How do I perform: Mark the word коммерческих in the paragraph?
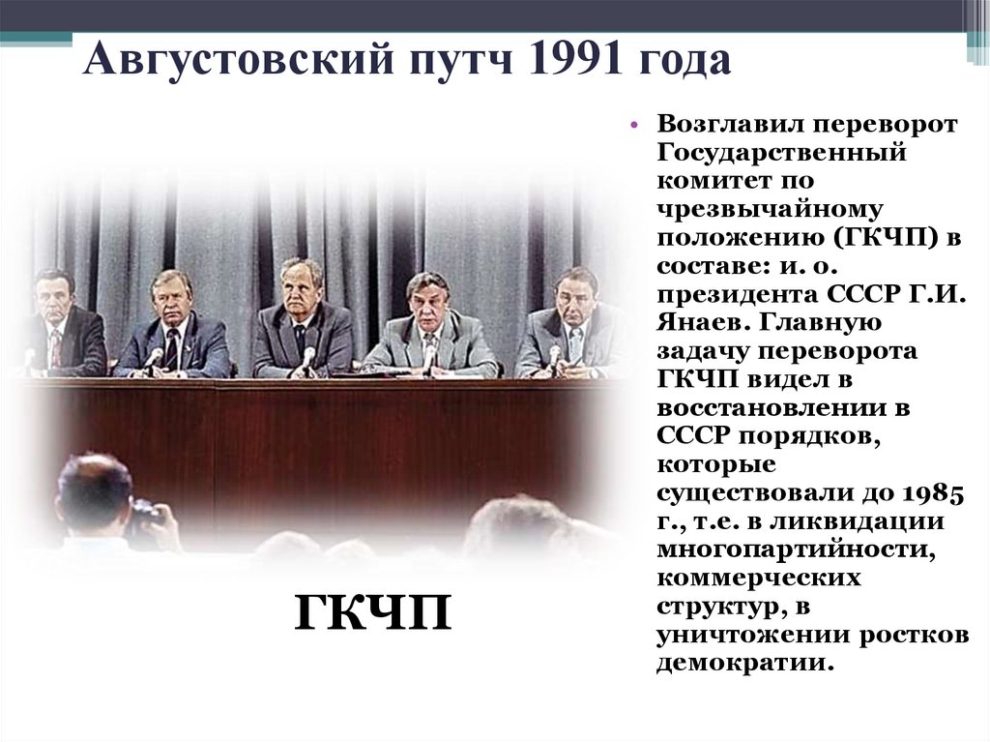[x=759, y=579]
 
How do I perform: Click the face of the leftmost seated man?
[x=54, y=291]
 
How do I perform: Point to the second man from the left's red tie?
[x=172, y=346]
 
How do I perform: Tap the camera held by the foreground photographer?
[x=145, y=512]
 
